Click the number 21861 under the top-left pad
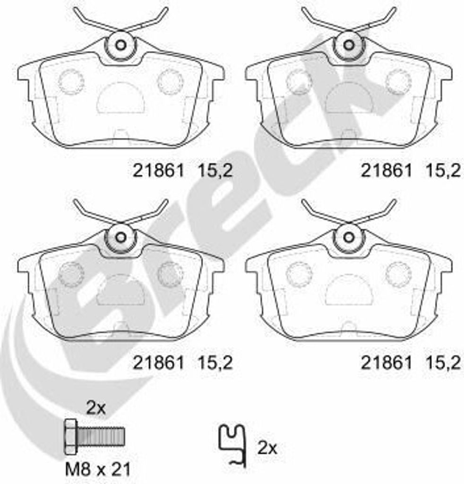(158, 170)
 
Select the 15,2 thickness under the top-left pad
(215, 171)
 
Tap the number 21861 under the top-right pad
(386, 170)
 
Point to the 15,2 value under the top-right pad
(443, 171)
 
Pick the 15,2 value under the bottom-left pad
(215, 363)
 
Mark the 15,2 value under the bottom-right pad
(443, 363)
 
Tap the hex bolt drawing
(94, 436)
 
